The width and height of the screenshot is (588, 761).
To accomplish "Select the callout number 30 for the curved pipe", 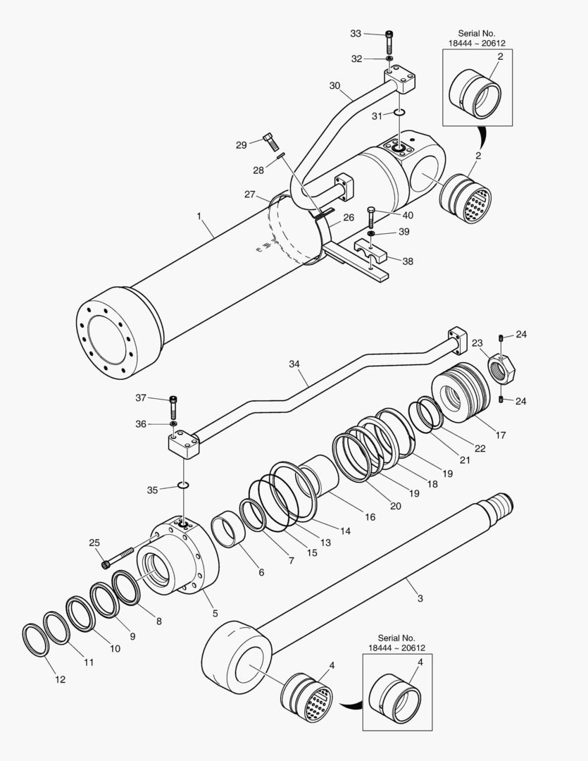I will click(x=335, y=85).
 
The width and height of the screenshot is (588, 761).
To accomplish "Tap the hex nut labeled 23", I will click(x=501, y=368).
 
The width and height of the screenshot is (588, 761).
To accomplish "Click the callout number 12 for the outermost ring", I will click(x=60, y=679).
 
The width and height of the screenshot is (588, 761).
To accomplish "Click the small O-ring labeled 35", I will click(x=183, y=485).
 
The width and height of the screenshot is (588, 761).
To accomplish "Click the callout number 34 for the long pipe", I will click(x=294, y=364).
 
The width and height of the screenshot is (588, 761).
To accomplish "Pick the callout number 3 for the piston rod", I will click(x=420, y=598).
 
